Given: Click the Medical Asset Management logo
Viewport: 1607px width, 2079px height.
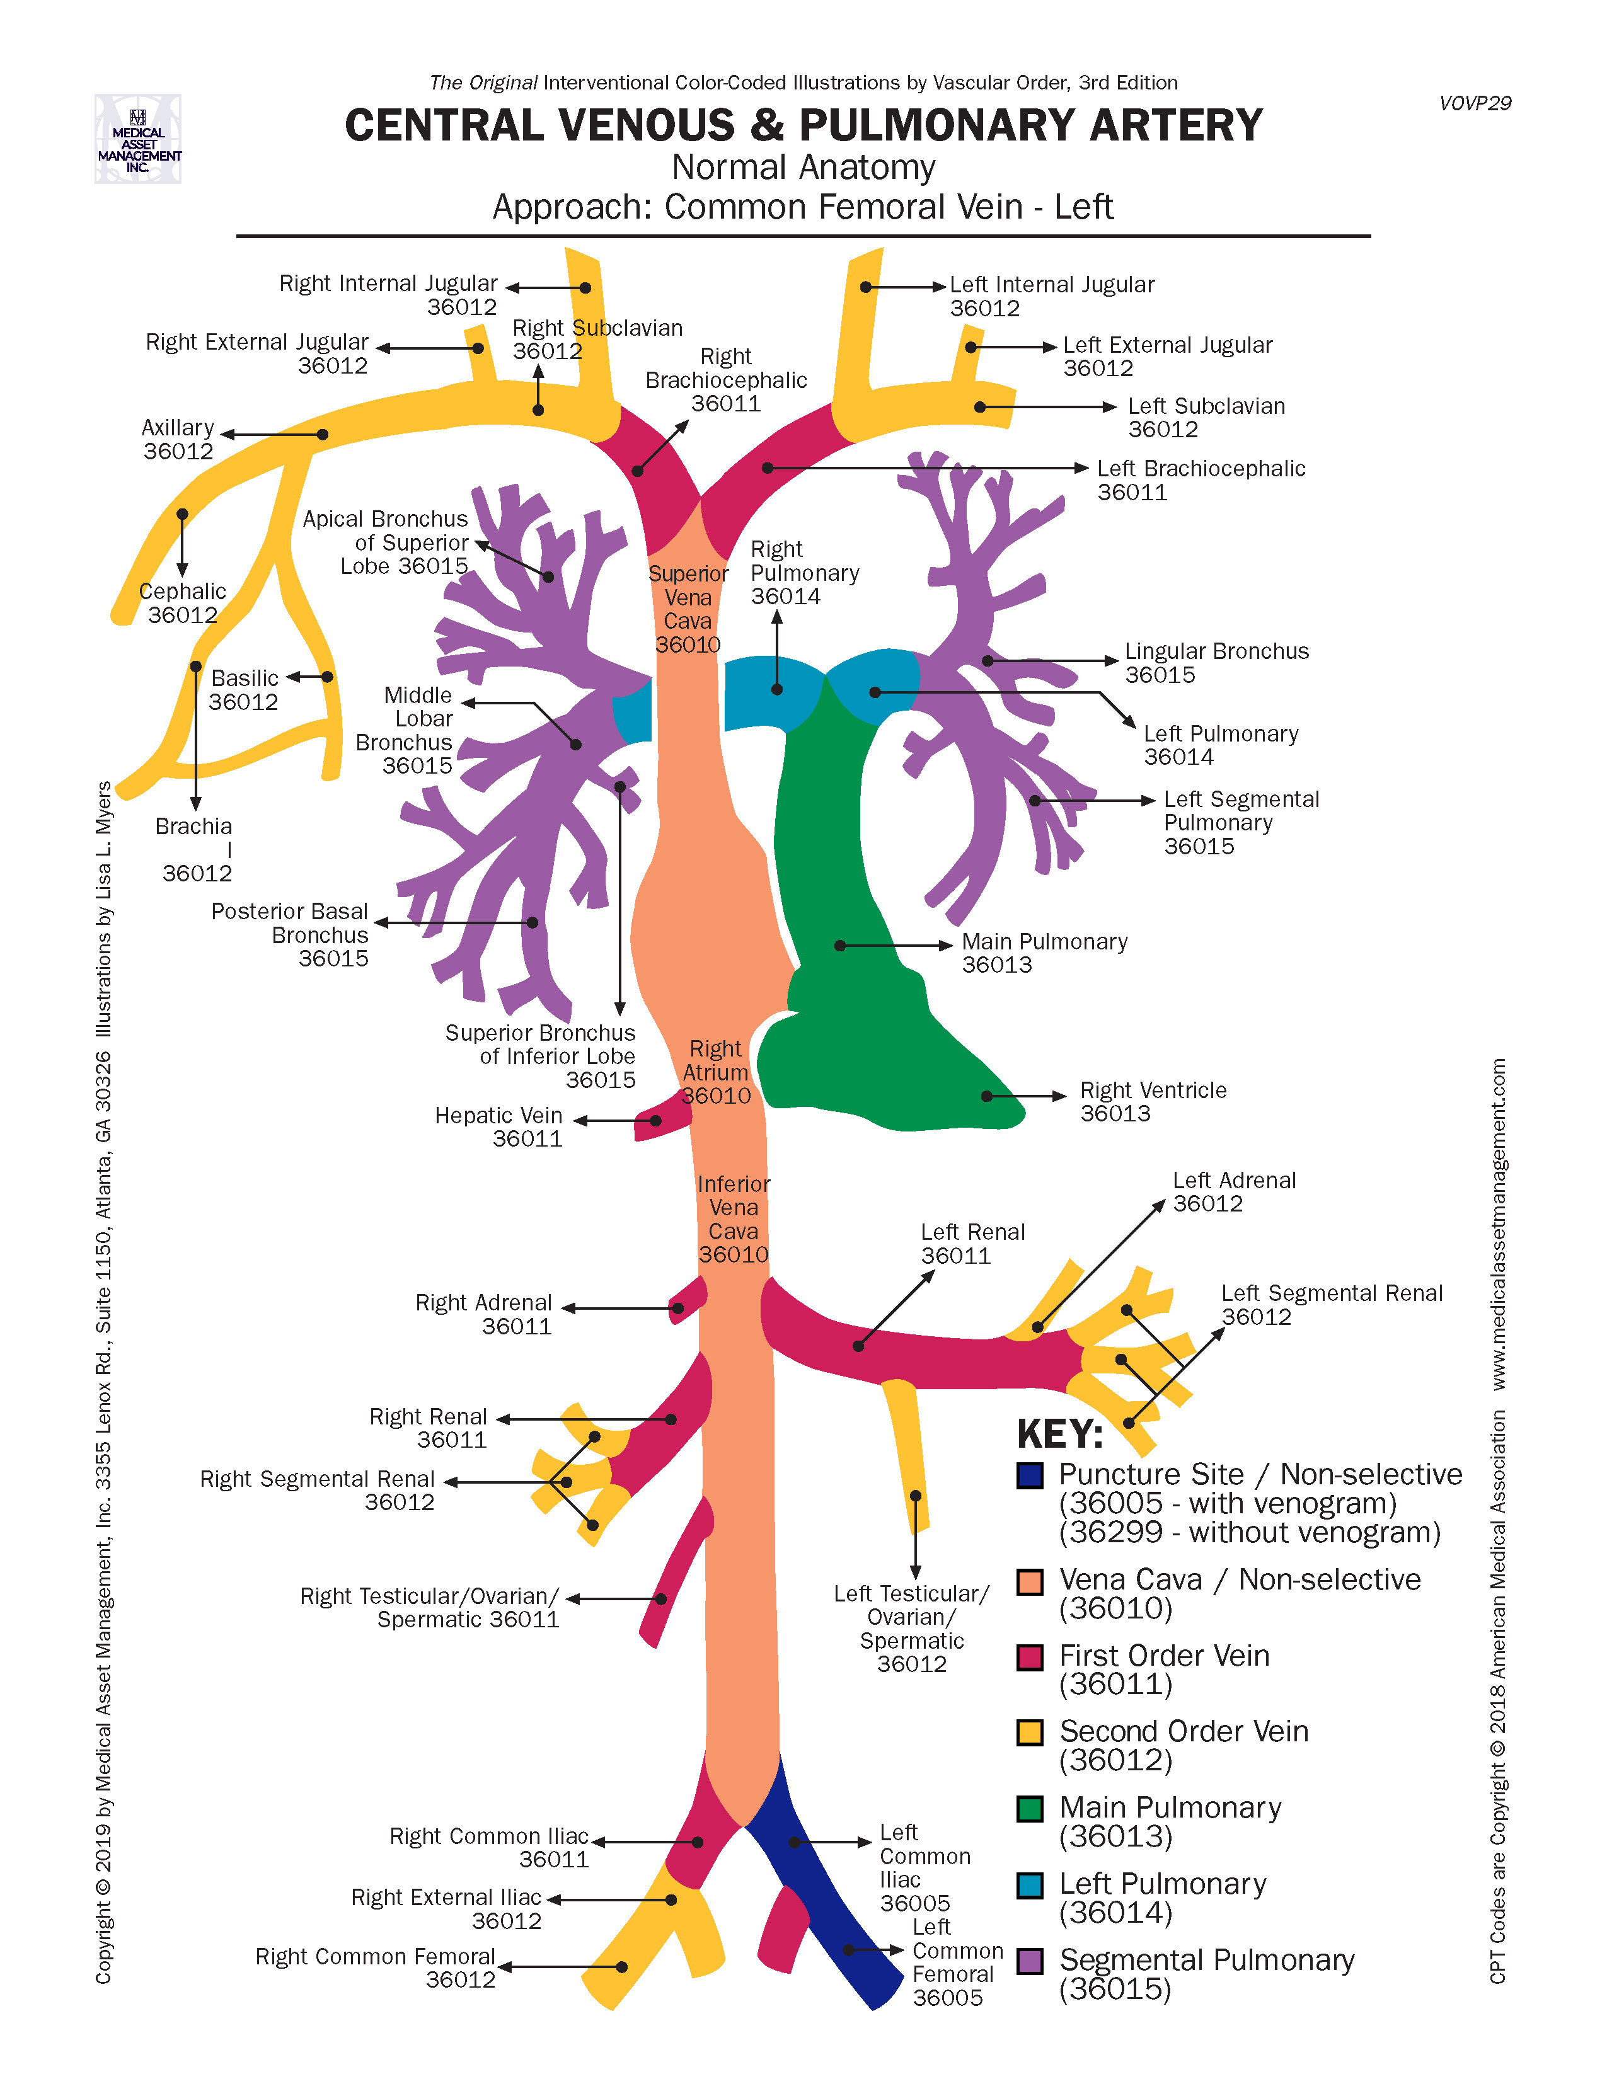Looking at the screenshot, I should pos(138,139).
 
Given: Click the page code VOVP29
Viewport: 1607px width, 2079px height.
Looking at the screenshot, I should pos(1475,103).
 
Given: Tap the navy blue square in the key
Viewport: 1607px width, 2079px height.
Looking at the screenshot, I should pos(1029,1475).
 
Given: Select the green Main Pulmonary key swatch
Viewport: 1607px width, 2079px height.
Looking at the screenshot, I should pos(1029,1809).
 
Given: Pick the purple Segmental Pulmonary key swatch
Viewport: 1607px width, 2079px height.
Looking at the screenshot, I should pos(1029,1961).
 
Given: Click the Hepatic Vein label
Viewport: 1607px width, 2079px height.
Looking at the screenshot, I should pos(499,1126).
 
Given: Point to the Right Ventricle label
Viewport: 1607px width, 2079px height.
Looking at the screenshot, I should pos(1153,1101).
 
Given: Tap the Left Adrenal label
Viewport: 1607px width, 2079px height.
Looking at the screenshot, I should pos(1234,1192).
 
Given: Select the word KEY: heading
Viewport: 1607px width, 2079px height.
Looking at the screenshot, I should pos(1059,1434).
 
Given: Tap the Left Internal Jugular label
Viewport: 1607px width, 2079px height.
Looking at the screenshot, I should pos(1052,296).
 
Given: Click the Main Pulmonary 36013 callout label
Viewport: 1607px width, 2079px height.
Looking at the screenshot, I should pos(1044,953).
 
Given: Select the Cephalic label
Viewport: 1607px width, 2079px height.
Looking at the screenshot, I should pos(183,602).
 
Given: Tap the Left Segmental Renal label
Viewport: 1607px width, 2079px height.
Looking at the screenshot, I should pos(1331,1304).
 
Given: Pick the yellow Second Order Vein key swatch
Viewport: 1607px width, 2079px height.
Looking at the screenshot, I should pos(1029,1732).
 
